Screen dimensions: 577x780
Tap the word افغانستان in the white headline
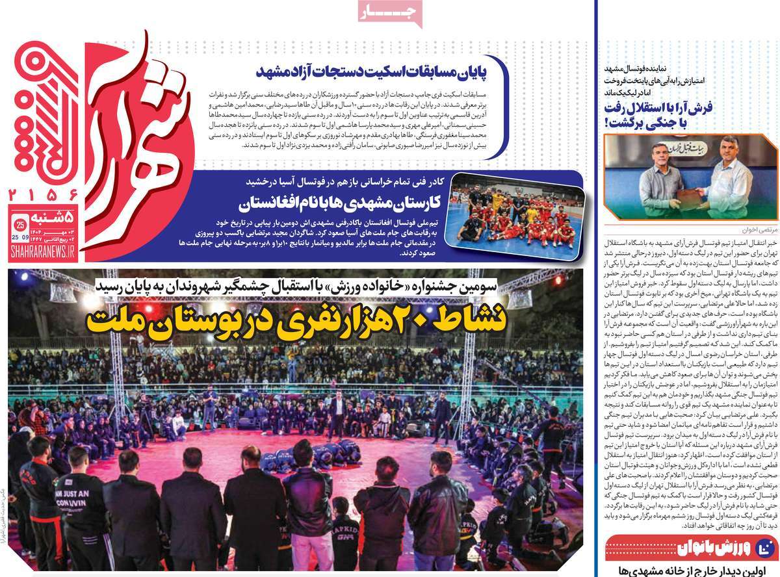(x=281, y=205)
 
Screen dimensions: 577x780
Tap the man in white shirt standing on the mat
(x=337, y=415)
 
